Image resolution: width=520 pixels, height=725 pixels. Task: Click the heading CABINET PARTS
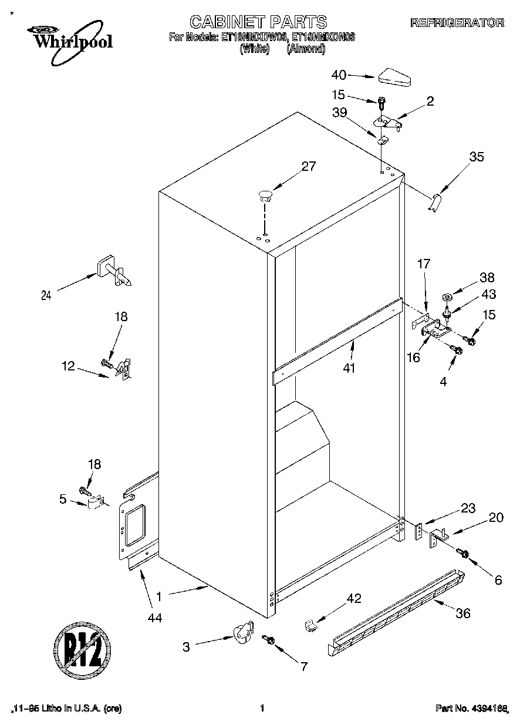tap(258, 22)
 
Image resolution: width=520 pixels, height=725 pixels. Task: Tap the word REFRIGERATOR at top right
tap(457, 23)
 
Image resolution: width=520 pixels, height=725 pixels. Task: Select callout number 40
tap(339, 75)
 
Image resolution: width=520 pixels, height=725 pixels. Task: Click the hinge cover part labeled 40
tap(397, 77)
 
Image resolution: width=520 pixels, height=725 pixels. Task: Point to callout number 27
tap(309, 166)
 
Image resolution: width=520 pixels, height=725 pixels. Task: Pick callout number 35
tap(477, 157)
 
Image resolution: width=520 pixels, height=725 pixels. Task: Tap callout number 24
tap(47, 296)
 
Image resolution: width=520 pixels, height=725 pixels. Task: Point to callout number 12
tap(68, 366)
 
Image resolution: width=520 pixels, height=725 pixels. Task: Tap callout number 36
tap(463, 613)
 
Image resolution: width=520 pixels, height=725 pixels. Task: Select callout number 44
tap(155, 617)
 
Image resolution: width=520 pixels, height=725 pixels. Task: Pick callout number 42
tap(353, 599)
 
